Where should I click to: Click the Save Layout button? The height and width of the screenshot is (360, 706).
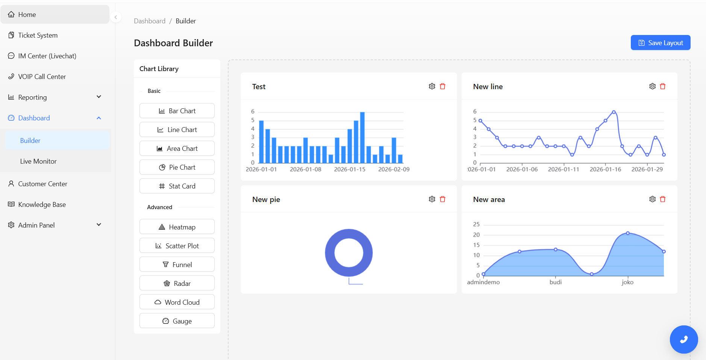[x=660, y=43]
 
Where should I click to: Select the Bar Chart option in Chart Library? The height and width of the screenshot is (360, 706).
[x=177, y=111]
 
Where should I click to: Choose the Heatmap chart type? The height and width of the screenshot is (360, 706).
[x=177, y=227]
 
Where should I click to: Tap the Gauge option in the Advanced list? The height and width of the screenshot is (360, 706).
[x=177, y=321]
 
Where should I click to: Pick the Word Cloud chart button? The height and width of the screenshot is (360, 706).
[x=177, y=302]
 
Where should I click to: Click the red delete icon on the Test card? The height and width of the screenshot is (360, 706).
[x=442, y=87]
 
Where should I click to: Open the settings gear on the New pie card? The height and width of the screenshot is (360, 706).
[x=432, y=199]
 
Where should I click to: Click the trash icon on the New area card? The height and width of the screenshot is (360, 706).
[x=663, y=199]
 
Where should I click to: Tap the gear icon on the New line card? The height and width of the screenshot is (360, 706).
[x=652, y=87]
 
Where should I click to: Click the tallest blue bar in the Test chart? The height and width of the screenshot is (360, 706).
[x=362, y=137]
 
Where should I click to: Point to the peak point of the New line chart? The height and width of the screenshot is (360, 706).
[x=614, y=112]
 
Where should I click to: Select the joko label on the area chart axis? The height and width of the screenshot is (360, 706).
[x=627, y=282]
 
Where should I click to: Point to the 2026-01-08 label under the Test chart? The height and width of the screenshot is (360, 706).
[x=305, y=169]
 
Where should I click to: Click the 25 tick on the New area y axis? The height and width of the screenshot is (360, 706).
[x=476, y=224]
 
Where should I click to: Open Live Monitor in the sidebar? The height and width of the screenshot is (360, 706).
[x=38, y=161]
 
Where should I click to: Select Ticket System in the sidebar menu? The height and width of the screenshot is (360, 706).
[x=38, y=35]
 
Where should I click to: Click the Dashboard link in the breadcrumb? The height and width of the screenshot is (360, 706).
[x=150, y=21]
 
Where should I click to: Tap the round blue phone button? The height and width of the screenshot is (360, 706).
[x=683, y=339]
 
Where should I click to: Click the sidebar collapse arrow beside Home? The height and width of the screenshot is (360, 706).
[x=116, y=17]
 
